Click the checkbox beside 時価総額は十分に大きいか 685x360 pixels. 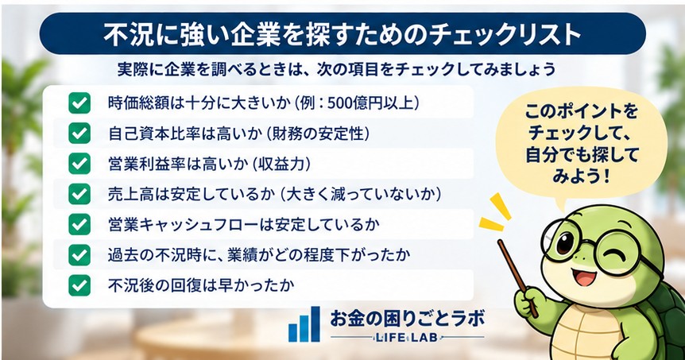click(79, 103)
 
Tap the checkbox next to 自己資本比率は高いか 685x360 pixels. click(79, 134)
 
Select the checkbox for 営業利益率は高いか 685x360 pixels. click(79, 164)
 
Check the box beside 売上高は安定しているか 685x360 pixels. click(79, 194)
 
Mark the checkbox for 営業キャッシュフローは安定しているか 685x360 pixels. click(79, 225)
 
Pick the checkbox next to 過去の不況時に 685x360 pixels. click(79, 255)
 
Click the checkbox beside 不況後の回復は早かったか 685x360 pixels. click(79, 285)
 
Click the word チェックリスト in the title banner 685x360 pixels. click(504, 34)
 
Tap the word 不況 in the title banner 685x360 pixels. click(124, 34)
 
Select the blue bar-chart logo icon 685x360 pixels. click(304, 323)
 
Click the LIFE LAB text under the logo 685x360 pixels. click(406, 337)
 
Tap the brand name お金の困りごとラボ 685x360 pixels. click(407, 318)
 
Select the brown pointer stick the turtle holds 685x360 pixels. click(518, 277)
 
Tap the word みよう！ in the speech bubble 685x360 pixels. click(581, 176)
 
